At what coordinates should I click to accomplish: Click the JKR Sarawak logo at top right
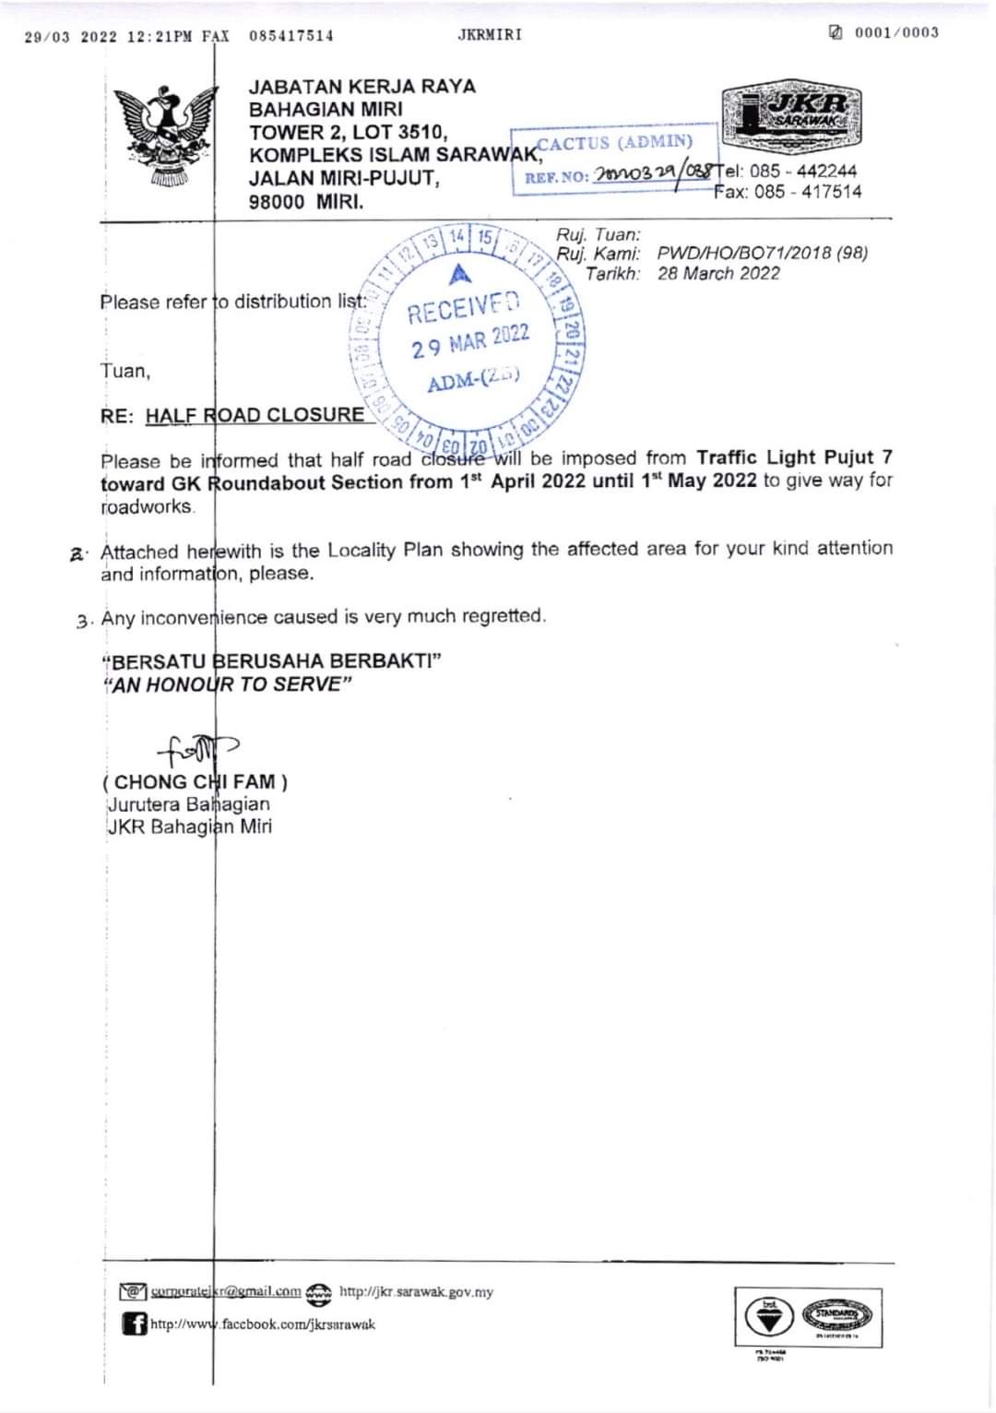[x=791, y=115]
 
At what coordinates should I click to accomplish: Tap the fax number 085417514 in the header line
[x=291, y=36]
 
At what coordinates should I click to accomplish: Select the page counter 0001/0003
[x=895, y=33]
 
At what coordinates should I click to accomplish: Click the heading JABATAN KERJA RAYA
[x=362, y=87]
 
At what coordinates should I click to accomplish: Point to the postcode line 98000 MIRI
[x=306, y=201]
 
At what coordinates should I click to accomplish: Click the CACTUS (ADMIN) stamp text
[x=614, y=142]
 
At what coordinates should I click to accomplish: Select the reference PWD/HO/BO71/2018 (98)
[x=763, y=253]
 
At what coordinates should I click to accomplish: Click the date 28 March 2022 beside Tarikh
[x=718, y=273]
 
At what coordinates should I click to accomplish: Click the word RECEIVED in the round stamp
[x=465, y=308]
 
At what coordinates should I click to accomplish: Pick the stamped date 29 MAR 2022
[x=470, y=341]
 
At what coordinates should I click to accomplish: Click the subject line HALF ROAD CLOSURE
[x=255, y=415]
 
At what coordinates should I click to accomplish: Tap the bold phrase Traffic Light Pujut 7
[x=794, y=457]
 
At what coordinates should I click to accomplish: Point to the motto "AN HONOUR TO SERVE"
[x=229, y=684]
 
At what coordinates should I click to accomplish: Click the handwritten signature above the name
[x=196, y=749]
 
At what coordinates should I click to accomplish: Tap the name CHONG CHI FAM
[x=195, y=782]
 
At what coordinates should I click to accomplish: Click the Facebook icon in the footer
[x=135, y=1324]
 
